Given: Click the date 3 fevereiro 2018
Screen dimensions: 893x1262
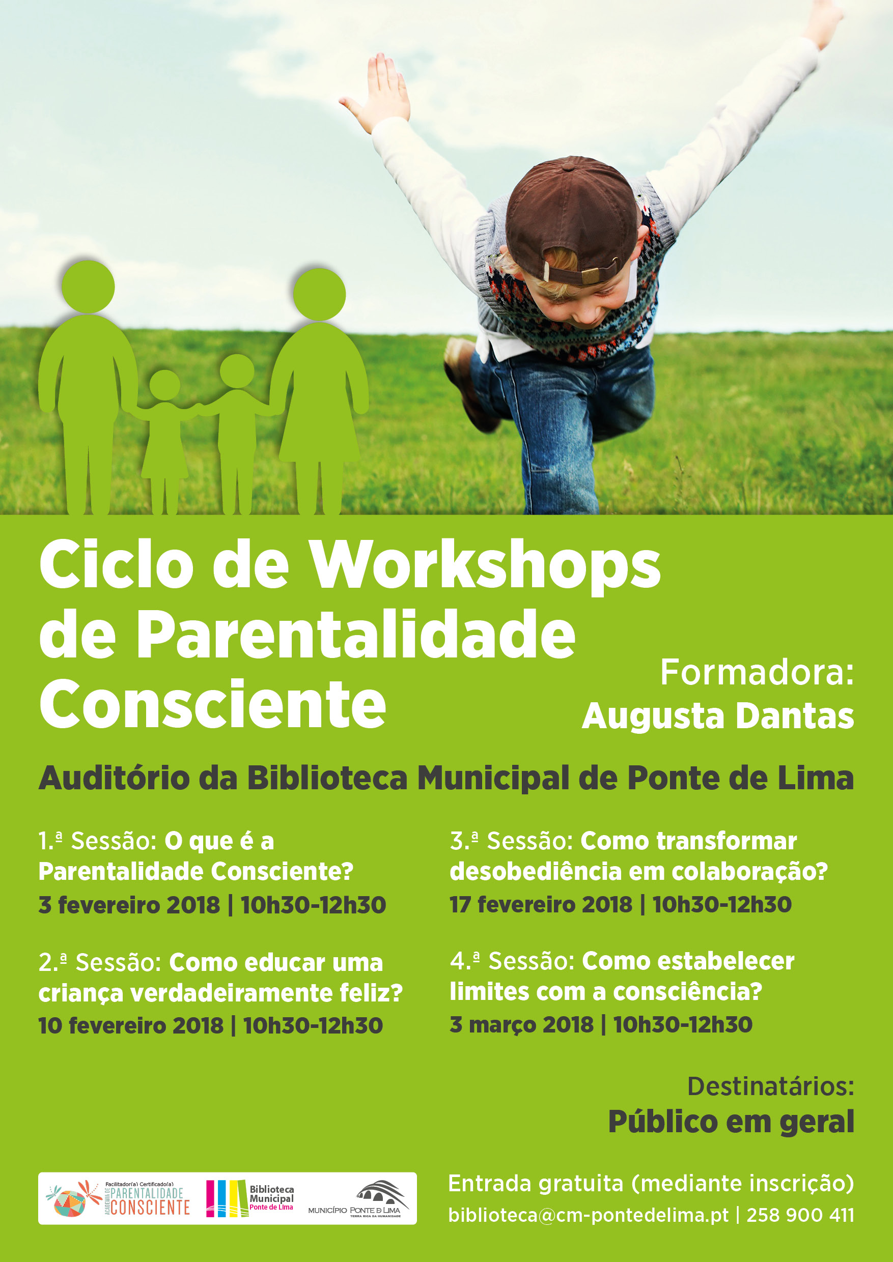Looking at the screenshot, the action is [129, 905].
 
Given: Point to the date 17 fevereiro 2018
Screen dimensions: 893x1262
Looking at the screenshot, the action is [541, 905].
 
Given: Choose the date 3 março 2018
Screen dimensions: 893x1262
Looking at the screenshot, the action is [522, 1025].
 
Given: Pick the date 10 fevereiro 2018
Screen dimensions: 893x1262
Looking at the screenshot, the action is [131, 1026].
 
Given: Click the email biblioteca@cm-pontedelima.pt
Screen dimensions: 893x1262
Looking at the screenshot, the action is [589, 1215].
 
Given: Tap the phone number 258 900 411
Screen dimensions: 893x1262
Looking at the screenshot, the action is [801, 1215].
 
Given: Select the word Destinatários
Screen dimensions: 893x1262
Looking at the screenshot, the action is [770, 1086].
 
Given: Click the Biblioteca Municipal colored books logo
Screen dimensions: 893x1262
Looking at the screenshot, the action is [250, 1198].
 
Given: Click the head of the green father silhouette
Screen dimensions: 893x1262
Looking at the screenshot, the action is [88, 286].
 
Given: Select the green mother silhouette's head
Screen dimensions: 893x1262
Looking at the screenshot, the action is [319, 294].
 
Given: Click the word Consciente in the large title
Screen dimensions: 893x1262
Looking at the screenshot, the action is [213, 704].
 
